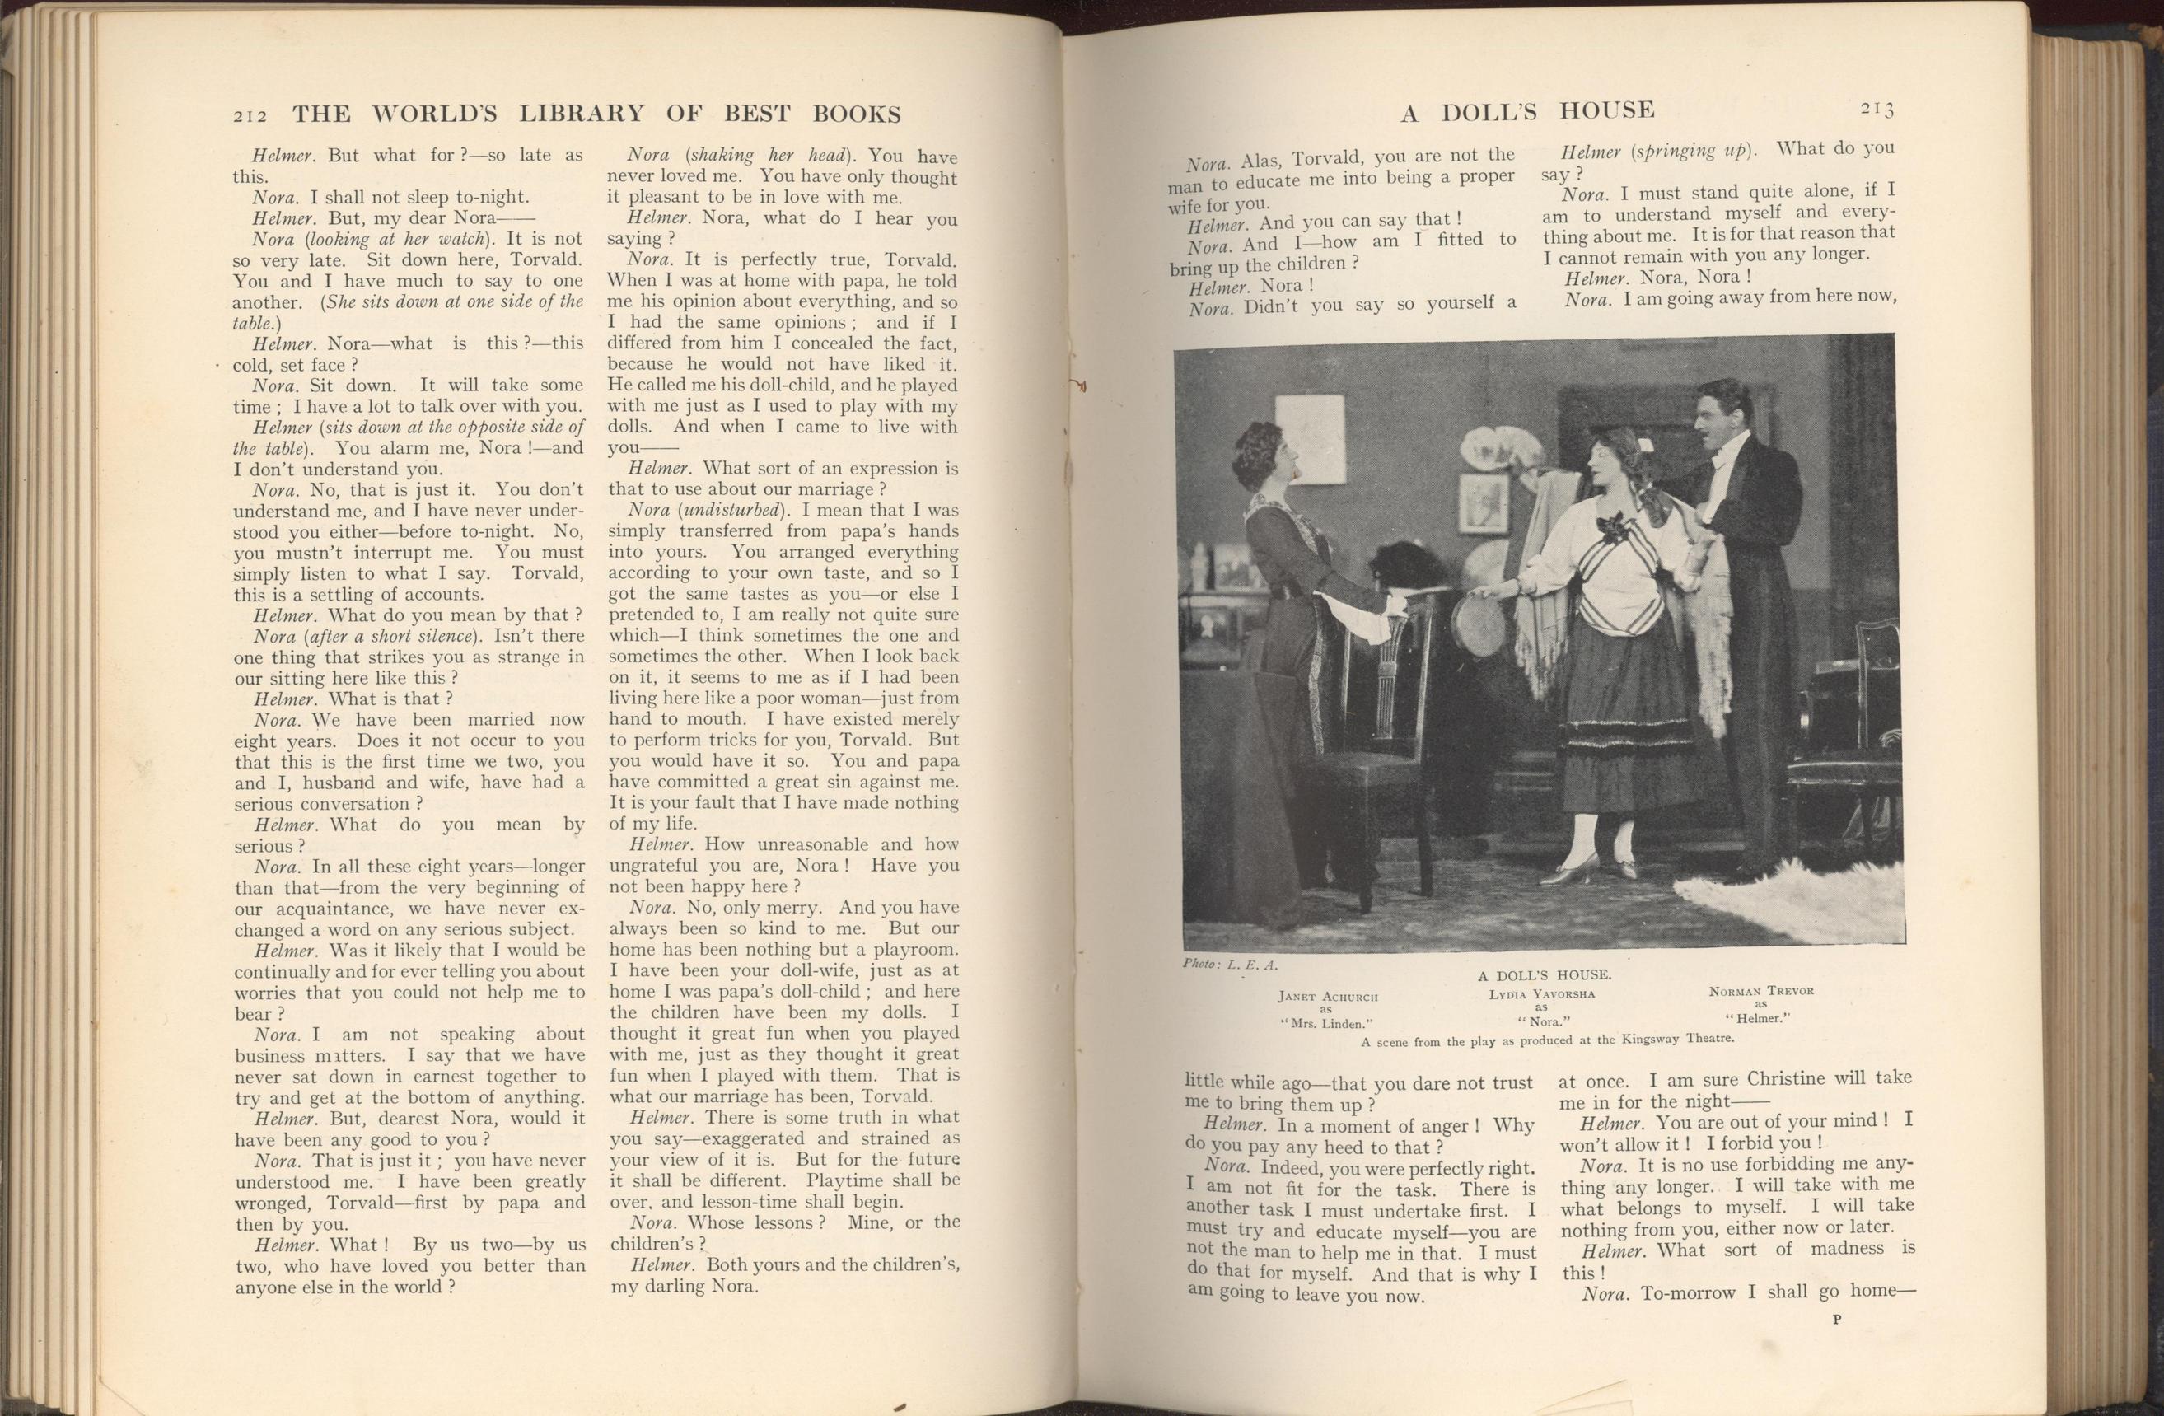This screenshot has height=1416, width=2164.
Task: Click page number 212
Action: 248,115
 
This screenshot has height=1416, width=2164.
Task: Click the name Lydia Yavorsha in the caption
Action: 1540,994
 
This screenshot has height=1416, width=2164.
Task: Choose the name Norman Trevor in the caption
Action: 1761,990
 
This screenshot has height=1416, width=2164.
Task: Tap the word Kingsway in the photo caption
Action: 1645,1039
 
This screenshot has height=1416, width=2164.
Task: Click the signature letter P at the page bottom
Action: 1836,1345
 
